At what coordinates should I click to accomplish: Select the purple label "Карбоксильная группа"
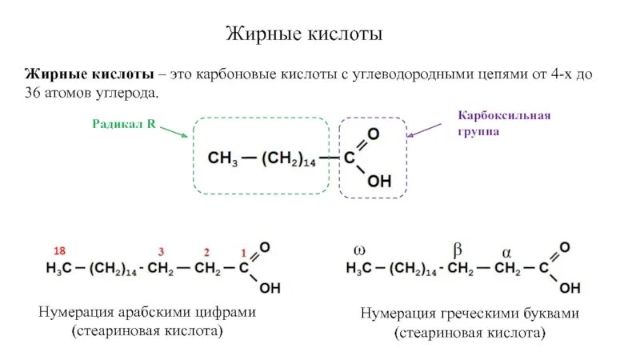(x=504, y=123)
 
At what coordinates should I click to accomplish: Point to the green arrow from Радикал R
(x=173, y=131)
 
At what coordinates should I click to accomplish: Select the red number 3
(x=162, y=251)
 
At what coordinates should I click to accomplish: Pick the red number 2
(x=206, y=251)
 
